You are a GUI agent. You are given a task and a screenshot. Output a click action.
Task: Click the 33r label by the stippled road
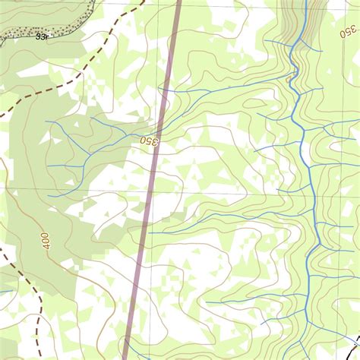pyautogui.click(x=42, y=36)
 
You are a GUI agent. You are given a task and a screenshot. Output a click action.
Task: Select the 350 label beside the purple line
pyautogui.click(x=150, y=141)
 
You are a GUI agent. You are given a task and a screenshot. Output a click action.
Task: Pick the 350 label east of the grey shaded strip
pyautogui.click(x=347, y=31)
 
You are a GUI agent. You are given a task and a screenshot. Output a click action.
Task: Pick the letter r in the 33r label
pyautogui.click(x=47, y=36)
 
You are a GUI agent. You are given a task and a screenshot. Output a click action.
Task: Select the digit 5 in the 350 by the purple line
pyautogui.click(x=150, y=141)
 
